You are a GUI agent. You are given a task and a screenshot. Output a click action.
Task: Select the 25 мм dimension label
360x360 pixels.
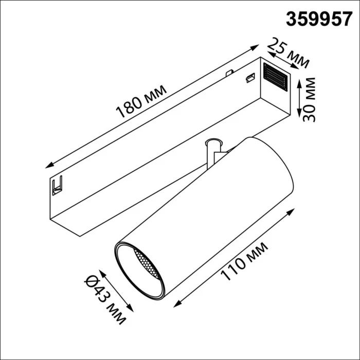289,53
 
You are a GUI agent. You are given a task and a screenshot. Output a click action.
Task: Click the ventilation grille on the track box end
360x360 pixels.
276,78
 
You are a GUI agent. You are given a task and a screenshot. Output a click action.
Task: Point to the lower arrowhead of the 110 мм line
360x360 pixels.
176,306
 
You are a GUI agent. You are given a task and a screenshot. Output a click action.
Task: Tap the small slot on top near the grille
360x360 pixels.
249,78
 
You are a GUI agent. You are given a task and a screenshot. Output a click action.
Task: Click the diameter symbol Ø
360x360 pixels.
93,281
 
